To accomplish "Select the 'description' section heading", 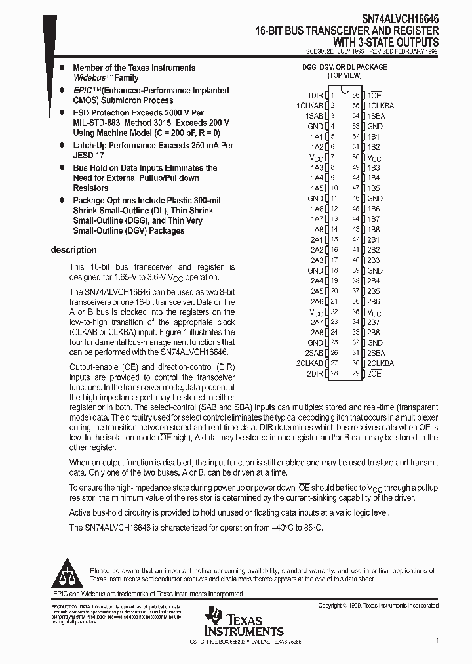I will pyautogui.click(x=73, y=250).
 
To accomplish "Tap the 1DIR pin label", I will pyautogui.click(x=315, y=95).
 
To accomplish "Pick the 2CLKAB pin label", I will pyautogui.click(x=310, y=363).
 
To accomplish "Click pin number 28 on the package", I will pyautogui.click(x=334, y=373).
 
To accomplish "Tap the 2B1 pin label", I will pyautogui.click(x=374, y=239).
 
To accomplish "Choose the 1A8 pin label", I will pyautogui.click(x=317, y=229).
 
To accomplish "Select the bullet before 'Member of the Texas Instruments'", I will pyautogui.click(x=61, y=68).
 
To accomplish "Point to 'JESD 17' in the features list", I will pyautogui.click(x=88, y=156).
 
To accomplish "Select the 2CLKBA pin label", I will pyautogui.click(x=380, y=363).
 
